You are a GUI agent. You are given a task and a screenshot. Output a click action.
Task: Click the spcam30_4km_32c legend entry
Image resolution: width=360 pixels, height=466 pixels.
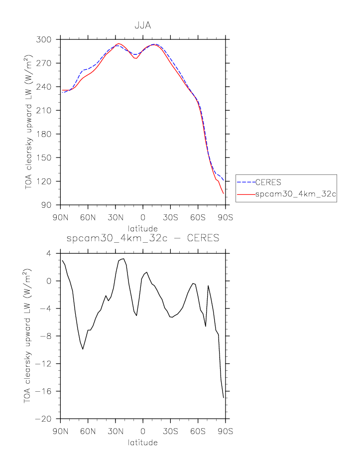tap(296, 196)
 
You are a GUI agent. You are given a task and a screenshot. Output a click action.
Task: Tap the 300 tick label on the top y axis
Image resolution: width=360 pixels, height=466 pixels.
tap(47, 39)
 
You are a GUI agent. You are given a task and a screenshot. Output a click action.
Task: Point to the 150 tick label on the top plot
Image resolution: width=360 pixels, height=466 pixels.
tap(47, 157)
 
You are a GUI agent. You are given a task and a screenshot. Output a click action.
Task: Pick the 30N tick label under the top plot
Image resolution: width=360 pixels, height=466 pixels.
tap(116, 217)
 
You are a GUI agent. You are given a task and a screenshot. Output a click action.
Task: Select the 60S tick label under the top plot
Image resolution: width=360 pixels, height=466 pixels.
tap(198, 217)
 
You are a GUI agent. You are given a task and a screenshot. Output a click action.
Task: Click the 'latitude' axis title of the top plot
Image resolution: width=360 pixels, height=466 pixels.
tap(143, 228)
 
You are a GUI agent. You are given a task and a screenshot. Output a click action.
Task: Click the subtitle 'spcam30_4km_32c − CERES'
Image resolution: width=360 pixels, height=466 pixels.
tap(143, 238)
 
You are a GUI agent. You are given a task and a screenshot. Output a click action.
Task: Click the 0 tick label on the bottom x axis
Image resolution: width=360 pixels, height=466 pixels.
tap(143, 431)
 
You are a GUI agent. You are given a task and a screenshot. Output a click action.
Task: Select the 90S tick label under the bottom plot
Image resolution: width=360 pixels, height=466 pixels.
tap(226, 431)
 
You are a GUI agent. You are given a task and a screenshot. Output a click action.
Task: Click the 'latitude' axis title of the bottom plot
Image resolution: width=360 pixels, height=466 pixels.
tap(143, 442)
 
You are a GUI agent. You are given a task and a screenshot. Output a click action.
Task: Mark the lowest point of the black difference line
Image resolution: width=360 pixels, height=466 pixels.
tap(224, 397)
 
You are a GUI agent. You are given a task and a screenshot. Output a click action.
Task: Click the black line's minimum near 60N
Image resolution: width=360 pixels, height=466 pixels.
tap(83, 349)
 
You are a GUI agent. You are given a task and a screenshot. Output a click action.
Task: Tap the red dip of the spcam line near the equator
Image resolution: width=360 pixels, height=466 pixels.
tap(135, 58)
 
